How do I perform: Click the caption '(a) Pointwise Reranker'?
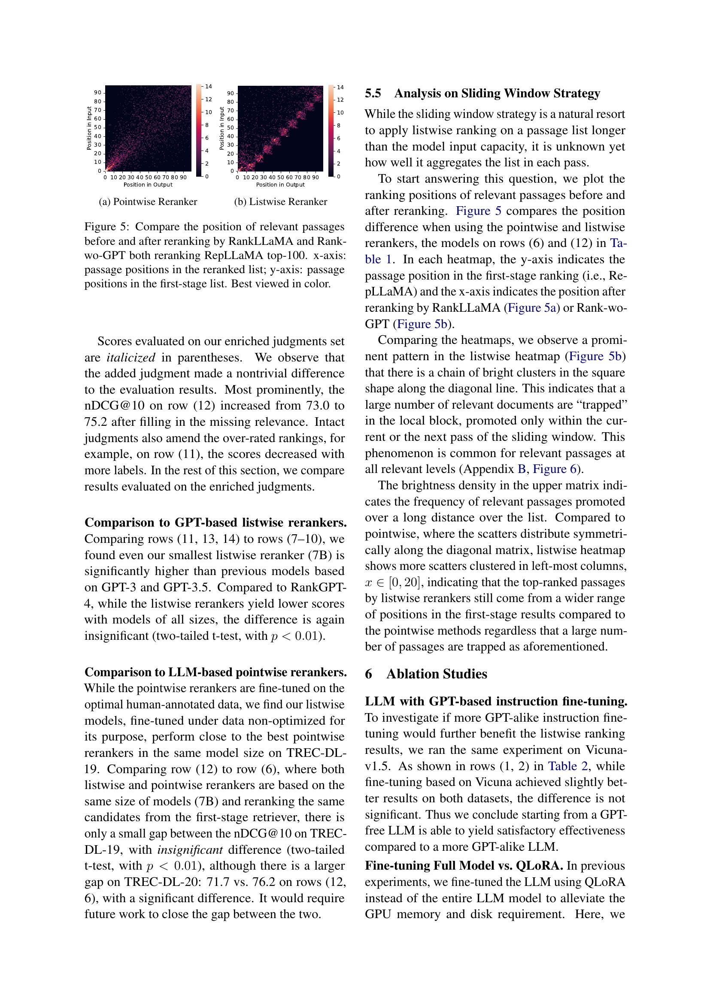(x=148, y=202)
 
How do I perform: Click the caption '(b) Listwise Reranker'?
(x=280, y=202)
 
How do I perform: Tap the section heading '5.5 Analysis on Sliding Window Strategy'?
(x=482, y=93)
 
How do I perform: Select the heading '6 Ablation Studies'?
(x=426, y=674)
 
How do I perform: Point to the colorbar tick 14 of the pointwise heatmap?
(x=209, y=87)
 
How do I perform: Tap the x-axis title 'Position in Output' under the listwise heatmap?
(x=280, y=185)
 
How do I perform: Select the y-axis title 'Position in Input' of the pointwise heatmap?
(x=89, y=128)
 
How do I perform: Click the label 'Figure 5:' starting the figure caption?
(x=107, y=227)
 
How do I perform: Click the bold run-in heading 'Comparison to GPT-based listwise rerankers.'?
(x=215, y=522)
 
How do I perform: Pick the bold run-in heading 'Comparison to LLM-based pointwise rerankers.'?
(x=215, y=672)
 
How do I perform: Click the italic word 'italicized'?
(x=131, y=358)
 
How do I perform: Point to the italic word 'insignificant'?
(x=190, y=849)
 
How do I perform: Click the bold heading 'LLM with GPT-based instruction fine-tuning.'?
(x=496, y=701)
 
